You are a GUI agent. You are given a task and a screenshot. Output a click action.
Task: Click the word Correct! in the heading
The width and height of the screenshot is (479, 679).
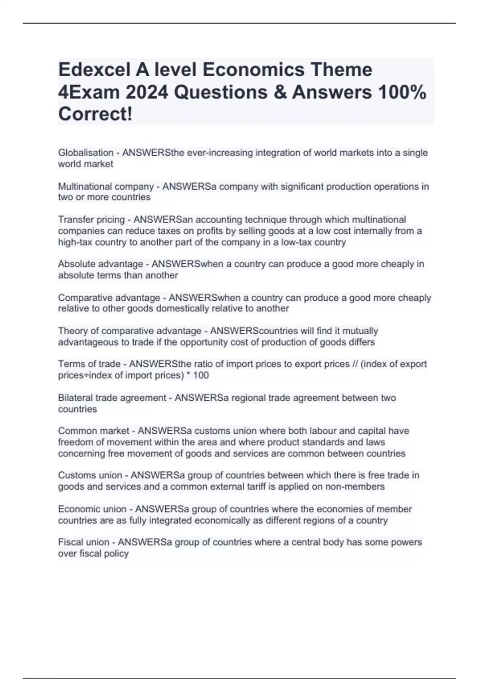click(95, 114)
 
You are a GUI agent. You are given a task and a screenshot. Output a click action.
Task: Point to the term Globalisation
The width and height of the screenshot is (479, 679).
click(85, 153)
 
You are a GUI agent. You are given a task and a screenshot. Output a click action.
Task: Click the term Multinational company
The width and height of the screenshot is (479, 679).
click(106, 187)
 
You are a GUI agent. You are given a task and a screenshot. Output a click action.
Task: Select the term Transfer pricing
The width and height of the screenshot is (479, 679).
click(91, 220)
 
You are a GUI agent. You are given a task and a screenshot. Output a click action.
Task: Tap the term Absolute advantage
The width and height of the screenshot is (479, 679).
click(100, 264)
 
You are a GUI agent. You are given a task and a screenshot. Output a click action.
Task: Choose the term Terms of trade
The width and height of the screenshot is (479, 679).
click(89, 364)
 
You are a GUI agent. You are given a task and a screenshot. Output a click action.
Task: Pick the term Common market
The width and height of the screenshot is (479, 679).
click(93, 431)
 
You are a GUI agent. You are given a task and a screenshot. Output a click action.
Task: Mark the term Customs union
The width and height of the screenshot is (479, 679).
click(90, 475)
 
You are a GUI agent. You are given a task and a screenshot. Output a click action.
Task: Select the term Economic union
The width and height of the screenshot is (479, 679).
click(92, 509)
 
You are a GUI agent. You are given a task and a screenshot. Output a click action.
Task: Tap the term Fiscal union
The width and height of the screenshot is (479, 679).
click(83, 542)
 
